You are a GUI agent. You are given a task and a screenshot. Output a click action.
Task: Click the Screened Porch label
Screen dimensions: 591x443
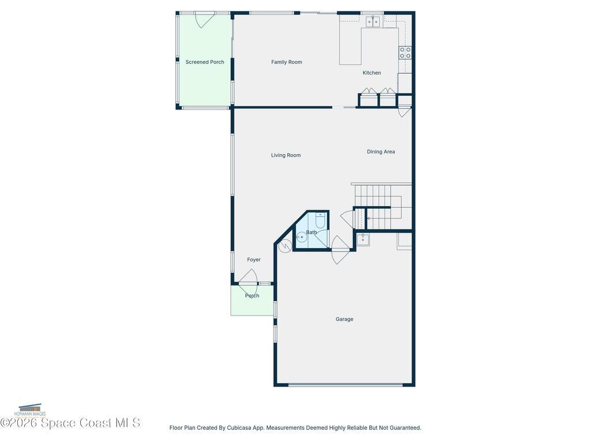pos(205,62)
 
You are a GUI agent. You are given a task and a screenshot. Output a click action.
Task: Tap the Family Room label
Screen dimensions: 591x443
pos(286,62)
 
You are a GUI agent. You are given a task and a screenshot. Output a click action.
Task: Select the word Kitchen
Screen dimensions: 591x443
pos(372,73)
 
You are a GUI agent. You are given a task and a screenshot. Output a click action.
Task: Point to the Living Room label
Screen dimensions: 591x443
pos(286,155)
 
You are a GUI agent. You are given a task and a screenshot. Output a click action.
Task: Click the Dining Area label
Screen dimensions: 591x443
pos(381,152)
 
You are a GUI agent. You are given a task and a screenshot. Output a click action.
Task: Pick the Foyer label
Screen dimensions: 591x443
pos(254,260)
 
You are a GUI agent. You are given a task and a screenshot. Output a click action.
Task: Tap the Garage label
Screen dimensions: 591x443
pos(345,319)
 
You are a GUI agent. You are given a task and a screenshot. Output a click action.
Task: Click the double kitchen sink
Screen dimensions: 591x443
pos(373,21)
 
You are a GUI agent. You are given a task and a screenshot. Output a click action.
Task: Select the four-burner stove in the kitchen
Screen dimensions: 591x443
pos(405,52)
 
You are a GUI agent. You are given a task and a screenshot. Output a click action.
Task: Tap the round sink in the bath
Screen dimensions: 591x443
pos(301,237)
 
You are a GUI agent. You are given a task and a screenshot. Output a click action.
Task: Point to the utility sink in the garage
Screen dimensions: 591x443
pos(363,239)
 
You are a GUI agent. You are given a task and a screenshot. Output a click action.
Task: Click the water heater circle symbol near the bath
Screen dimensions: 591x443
pos(285,246)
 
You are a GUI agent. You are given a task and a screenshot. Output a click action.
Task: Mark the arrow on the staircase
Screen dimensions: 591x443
pos(379,219)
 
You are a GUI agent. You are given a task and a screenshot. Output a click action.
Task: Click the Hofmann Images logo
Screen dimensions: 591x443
pos(30,410)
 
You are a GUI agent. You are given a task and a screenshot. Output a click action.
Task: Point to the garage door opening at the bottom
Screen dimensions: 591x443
pos(346,385)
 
